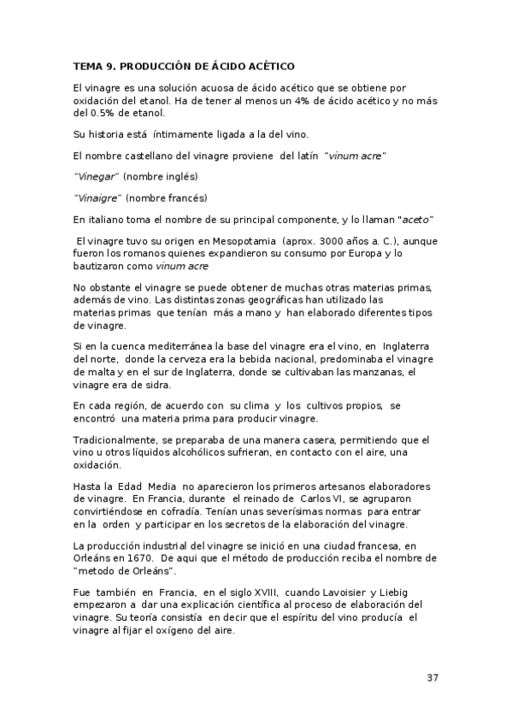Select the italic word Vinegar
click(x=96, y=177)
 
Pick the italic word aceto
click(x=416, y=219)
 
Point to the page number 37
click(x=433, y=678)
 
